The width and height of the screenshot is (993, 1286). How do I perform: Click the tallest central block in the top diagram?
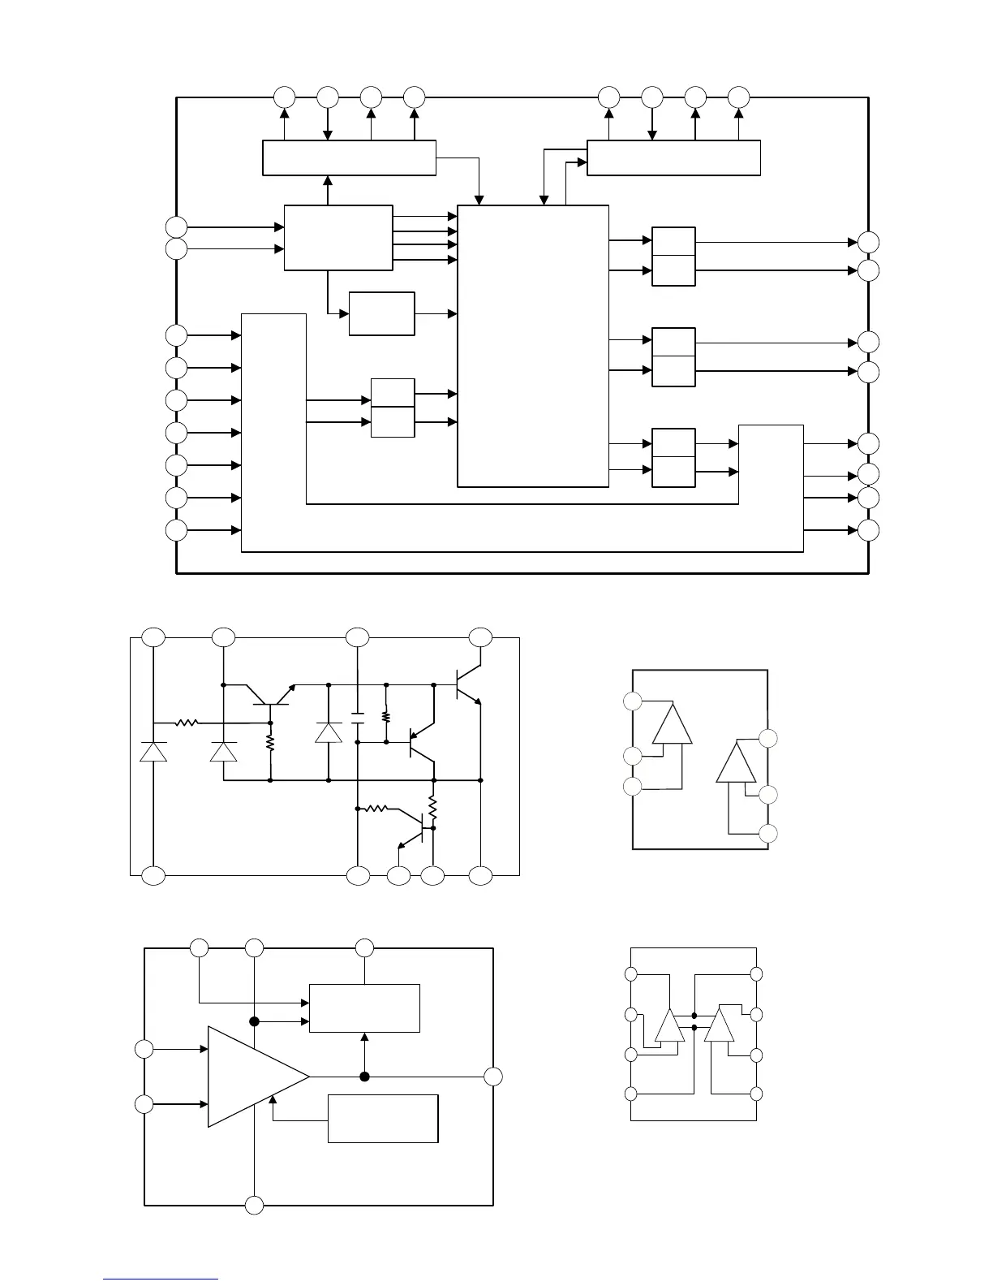[x=533, y=346]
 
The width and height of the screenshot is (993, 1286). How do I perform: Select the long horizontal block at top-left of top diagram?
[x=349, y=158]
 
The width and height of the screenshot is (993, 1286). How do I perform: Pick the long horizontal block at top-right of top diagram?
[x=673, y=158]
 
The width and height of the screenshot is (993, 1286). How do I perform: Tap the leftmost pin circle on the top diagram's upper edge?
[x=284, y=97]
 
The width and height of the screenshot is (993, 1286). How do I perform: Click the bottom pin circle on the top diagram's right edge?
[x=868, y=530]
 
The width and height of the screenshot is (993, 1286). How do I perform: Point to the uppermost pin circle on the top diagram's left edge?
[x=176, y=227]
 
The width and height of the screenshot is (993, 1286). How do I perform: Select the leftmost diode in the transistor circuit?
[x=153, y=751]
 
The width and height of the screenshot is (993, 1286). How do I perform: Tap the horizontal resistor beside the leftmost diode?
[x=187, y=722]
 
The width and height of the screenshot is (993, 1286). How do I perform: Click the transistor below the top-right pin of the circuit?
[x=467, y=685]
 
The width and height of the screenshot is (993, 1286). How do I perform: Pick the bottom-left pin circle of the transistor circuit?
[x=153, y=876]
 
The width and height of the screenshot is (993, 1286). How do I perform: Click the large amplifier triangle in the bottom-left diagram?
[x=256, y=1077]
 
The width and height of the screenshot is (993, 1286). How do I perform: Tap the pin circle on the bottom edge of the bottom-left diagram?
[x=255, y=1205]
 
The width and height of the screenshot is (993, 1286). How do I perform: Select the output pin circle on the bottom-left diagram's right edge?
[x=493, y=1077]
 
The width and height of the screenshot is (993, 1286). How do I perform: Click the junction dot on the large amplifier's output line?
[x=365, y=1077]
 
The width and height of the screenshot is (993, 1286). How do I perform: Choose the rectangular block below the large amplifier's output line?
[x=383, y=1118]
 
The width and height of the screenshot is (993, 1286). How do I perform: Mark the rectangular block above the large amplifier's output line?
[x=364, y=1008]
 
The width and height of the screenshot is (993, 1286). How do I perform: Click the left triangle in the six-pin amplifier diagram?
[x=673, y=724]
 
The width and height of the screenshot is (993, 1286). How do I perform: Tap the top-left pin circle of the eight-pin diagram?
[x=631, y=974]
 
